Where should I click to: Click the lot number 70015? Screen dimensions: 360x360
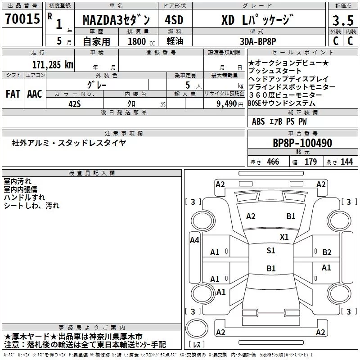[x=22, y=18]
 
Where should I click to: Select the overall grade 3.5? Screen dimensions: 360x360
[x=343, y=20]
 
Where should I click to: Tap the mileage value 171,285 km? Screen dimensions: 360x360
[x=53, y=65]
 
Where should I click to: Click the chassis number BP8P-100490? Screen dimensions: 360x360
[x=302, y=143]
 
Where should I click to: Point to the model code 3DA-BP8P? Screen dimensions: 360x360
[x=258, y=41]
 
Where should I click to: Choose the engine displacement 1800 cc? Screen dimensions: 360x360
[x=141, y=41]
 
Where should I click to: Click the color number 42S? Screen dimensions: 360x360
[x=75, y=104]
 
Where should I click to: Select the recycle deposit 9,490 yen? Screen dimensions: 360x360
[x=230, y=104]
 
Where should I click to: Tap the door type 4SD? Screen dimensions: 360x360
[x=174, y=20]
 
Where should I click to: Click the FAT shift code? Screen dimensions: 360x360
[x=13, y=94]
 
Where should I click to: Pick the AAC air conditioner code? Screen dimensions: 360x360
[x=35, y=94]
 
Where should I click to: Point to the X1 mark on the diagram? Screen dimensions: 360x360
[x=284, y=237]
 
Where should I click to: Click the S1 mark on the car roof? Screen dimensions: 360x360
[x=271, y=250]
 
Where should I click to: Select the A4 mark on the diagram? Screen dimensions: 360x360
[x=194, y=240]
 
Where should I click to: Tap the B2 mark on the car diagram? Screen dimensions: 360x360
[x=327, y=252]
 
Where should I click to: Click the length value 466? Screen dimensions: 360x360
[x=273, y=162]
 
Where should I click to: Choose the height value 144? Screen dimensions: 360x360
[x=346, y=162]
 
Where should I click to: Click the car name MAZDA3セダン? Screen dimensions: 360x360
[x=116, y=20]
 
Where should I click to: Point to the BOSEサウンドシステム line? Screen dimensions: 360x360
[x=282, y=103]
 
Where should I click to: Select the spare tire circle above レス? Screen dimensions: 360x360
[x=197, y=328]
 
